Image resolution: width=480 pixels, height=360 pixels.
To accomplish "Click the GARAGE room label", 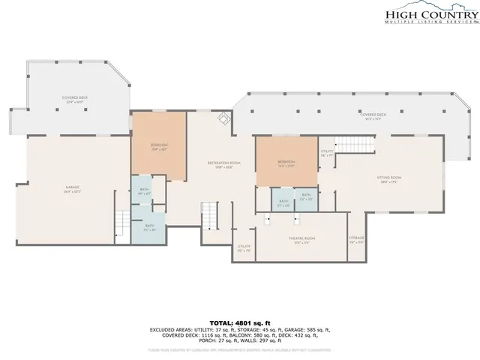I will click(x=73, y=187).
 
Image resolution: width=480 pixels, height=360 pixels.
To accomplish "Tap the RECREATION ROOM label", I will click(x=223, y=165).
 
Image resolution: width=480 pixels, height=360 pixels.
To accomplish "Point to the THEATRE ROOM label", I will click(x=301, y=240).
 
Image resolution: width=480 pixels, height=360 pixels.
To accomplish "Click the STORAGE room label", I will click(x=356, y=240).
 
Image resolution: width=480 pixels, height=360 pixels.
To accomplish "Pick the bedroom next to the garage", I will click(x=158, y=146).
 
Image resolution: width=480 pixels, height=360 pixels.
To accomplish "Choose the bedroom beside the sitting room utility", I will click(x=286, y=163).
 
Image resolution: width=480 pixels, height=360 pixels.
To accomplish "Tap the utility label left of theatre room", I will click(x=244, y=247).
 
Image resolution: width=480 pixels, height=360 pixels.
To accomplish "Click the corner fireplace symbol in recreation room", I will click(x=223, y=118).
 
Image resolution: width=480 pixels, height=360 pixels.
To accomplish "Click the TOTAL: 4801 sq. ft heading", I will click(x=239, y=321).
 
